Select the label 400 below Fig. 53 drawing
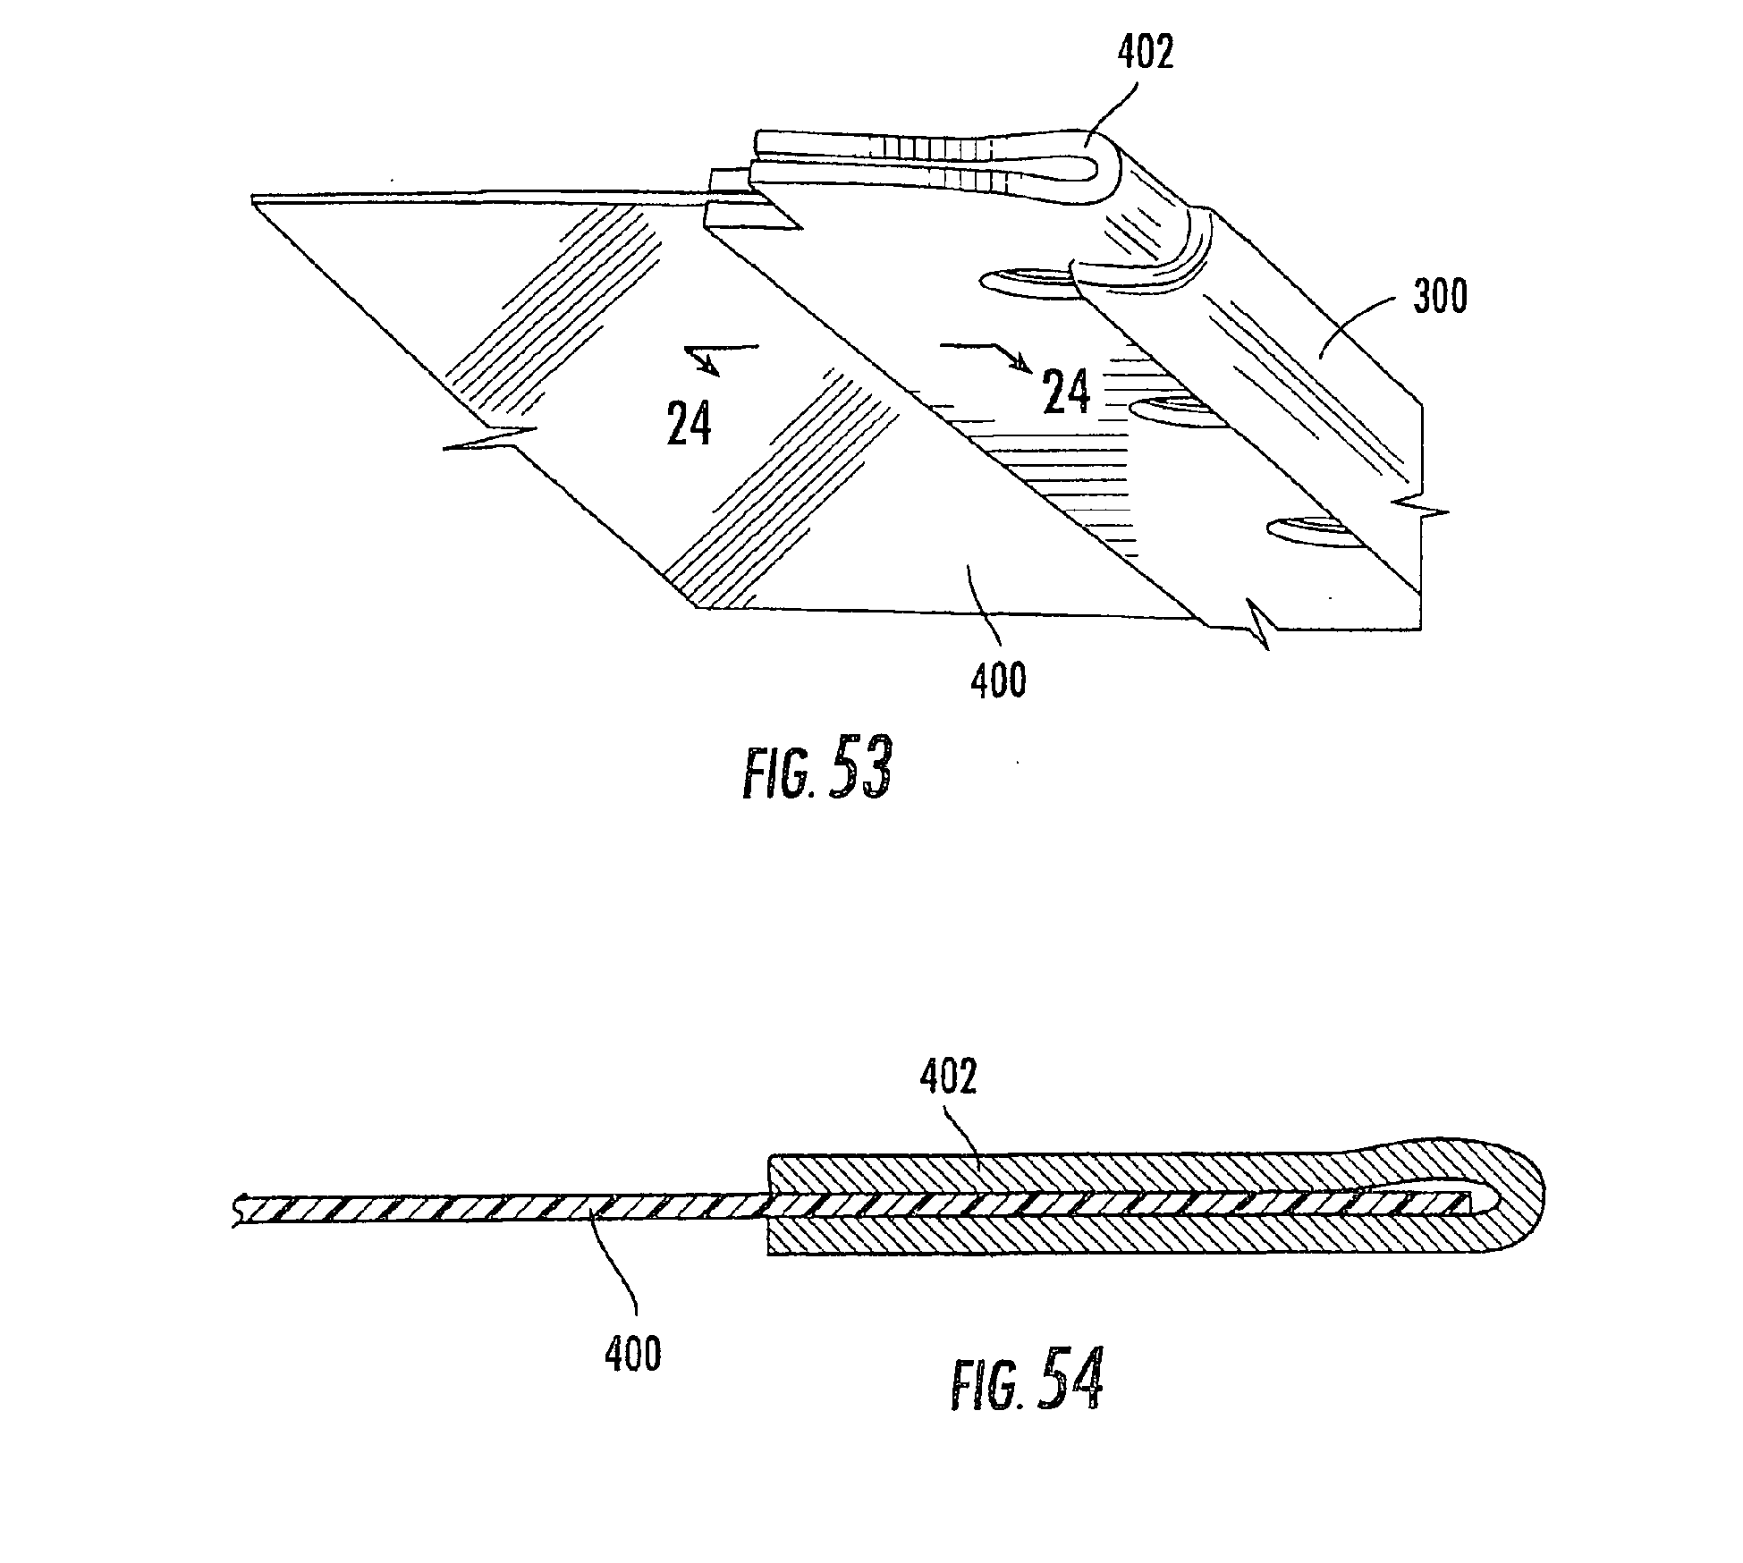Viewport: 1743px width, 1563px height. [x=998, y=682]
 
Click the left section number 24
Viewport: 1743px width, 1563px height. [x=690, y=424]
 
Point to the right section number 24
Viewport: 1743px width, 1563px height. [x=1067, y=393]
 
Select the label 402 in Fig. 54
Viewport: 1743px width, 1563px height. [x=948, y=1078]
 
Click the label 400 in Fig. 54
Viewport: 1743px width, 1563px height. [x=633, y=1353]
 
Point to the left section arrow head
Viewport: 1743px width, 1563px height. [x=707, y=365]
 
